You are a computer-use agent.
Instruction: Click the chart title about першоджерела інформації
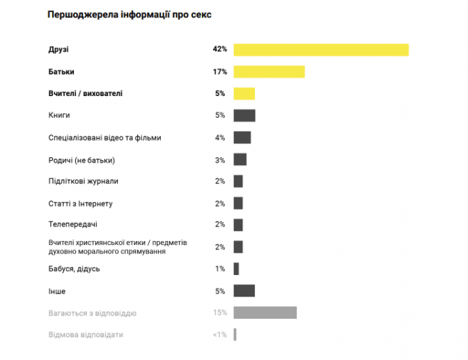(x=130, y=15)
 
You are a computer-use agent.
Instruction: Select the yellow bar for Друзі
(x=321, y=49)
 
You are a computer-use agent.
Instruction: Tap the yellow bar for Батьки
(x=269, y=72)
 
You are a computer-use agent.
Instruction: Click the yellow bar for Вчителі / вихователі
(x=244, y=93)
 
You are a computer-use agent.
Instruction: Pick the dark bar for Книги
(x=244, y=116)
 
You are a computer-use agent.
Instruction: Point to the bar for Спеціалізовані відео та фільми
(x=242, y=138)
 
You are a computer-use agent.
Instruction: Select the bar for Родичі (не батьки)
(x=240, y=159)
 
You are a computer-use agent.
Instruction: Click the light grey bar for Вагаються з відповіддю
(x=265, y=313)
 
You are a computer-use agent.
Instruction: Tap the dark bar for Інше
(x=244, y=290)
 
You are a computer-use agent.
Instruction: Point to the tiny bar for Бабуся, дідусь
(x=237, y=269)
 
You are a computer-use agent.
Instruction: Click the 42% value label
(x=220, y=49)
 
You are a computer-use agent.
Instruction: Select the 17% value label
(x=220, y=72)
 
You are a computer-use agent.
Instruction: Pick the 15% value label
(x=220, y=313)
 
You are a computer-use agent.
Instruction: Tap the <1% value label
(x=219, y=335)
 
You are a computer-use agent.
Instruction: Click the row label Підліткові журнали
(x=84, y=181)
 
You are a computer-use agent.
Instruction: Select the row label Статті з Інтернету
(x=81, y=203)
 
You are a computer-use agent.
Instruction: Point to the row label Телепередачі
(x=73, y=225)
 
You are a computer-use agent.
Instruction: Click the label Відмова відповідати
(x=86, y=335)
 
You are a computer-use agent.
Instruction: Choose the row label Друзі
(x=59, y=49)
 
